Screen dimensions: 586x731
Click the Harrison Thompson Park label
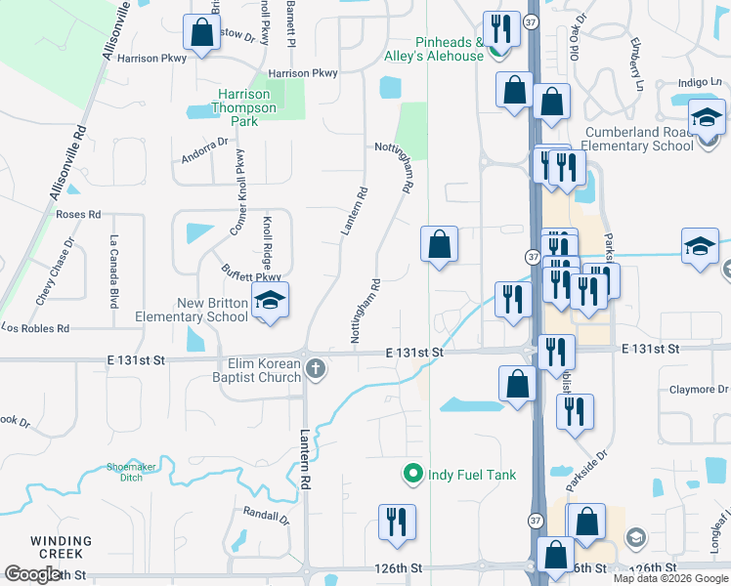coord(246,108)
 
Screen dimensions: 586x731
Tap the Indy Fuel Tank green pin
coord(413,475)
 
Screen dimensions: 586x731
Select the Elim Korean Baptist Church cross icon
coord(315,368)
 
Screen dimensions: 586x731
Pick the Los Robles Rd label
coord(35,329)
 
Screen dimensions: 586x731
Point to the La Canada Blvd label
coord(114,266)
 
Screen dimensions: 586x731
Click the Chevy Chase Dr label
coord(55,272)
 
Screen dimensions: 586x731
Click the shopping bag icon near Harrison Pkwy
coord(201,33)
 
